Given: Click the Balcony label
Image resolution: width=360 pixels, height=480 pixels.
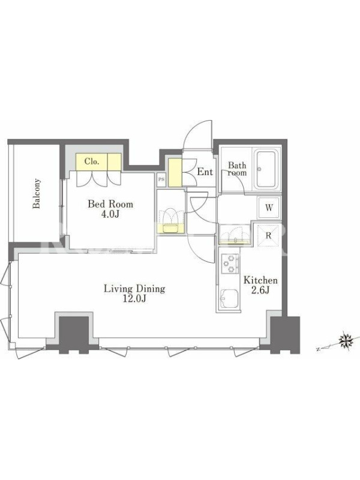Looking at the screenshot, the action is point(37,193).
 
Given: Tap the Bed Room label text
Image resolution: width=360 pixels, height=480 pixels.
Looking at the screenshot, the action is point(110,204).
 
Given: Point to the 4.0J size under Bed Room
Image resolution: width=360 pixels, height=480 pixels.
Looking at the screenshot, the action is point(110,214).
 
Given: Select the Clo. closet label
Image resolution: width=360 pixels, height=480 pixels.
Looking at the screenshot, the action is point(92,161).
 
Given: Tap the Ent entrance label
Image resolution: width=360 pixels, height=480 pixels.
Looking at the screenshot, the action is point(205,172).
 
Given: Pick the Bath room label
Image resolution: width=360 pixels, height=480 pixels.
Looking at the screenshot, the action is point(237,169).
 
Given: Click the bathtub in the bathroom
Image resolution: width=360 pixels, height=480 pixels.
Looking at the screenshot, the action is point(266,169).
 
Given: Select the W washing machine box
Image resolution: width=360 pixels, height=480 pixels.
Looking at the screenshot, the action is point(269,208).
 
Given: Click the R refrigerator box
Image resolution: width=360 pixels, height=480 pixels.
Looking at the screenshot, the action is point(268,235).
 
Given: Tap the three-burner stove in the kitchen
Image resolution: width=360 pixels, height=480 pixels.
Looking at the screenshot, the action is point(230,263).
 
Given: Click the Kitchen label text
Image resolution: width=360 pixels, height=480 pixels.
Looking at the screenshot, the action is point(260,280).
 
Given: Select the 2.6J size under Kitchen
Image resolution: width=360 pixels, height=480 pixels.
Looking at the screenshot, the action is point(260,290).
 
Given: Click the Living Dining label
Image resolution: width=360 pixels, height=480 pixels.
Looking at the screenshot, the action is point(134,289).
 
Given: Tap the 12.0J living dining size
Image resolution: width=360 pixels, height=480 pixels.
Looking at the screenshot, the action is point(134,299).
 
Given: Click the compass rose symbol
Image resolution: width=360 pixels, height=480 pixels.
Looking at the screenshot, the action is point(347,340).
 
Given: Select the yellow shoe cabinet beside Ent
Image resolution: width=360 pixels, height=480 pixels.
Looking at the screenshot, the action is point(175,172).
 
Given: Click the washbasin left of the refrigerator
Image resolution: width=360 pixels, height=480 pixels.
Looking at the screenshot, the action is point(235,234).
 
